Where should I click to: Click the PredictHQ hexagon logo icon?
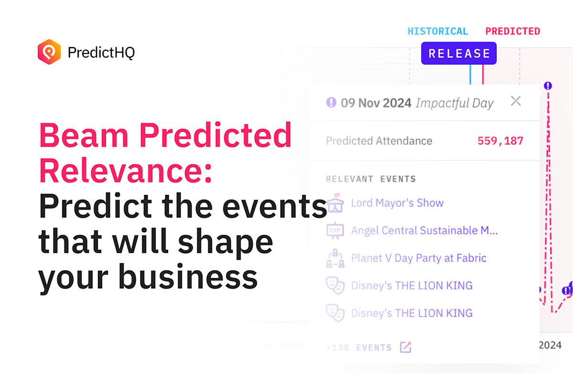49,52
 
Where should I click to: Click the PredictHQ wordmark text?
101,52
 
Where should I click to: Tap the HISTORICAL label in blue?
437,32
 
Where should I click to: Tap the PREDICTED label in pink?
512,32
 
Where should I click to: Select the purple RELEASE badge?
458,53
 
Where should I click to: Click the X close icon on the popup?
516,101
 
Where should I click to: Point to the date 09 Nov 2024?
376,103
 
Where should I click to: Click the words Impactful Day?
454,103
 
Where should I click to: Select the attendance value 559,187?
500,141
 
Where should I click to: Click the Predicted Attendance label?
379,141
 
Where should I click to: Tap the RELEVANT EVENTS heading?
371,179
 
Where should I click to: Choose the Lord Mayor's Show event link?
397,203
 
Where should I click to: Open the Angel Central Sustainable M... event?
424,231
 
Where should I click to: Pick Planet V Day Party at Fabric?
418,258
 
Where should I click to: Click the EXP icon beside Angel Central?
335,231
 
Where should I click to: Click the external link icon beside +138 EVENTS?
405,347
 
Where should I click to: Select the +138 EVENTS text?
359,347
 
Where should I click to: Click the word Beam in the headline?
83,136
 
